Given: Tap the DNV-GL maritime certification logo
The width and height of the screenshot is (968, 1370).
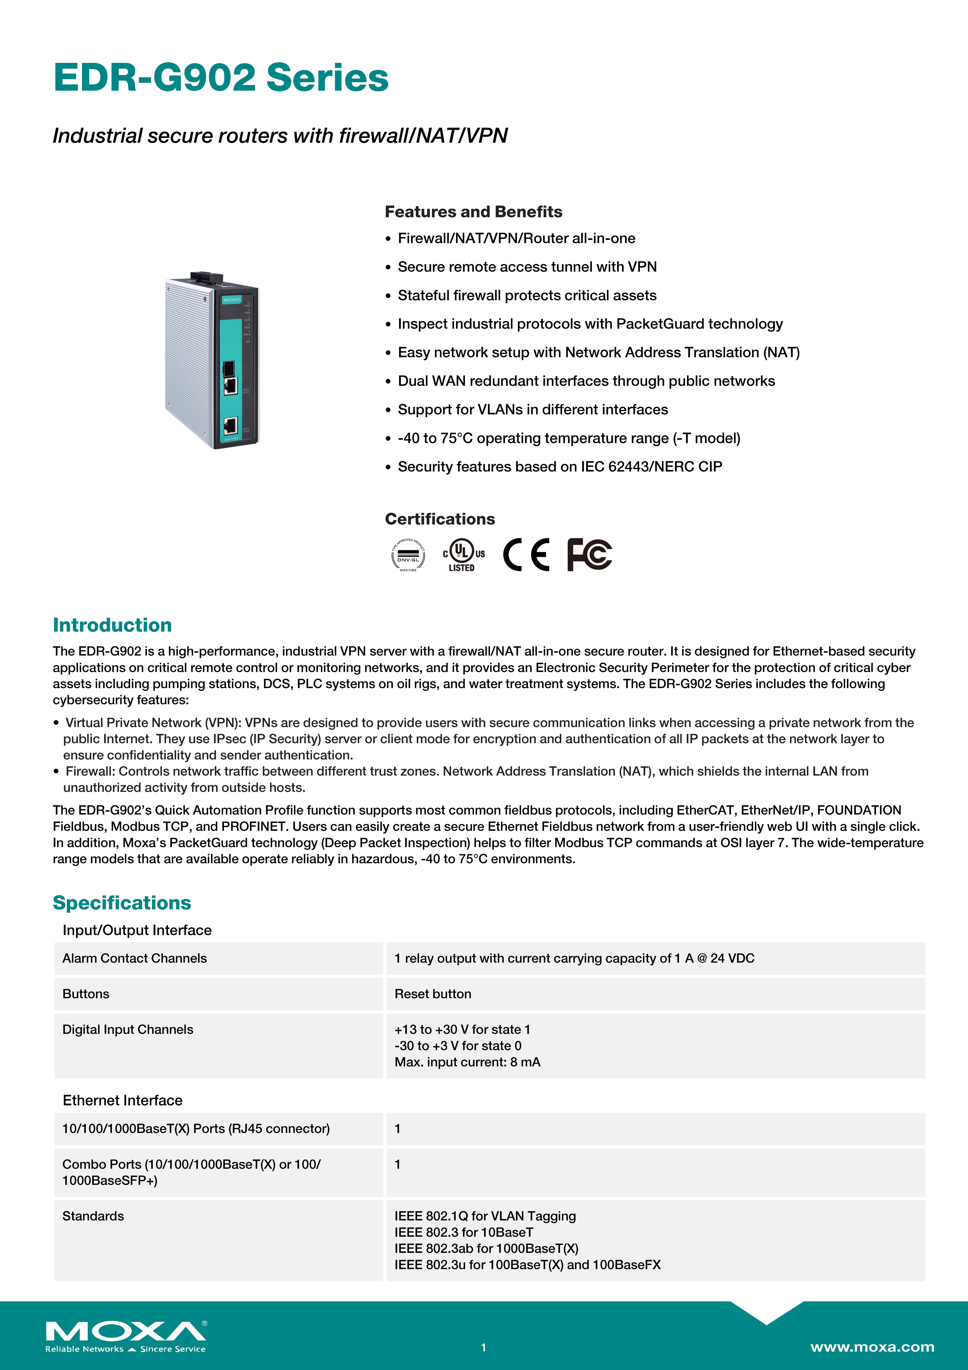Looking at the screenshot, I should click(x=408, y=555).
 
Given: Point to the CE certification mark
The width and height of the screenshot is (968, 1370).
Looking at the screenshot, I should click(x=526, y=555).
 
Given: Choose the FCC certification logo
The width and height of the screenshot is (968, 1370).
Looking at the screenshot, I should click(x=589, y=555).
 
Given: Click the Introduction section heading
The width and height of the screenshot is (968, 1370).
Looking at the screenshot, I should click(x=112, y=625).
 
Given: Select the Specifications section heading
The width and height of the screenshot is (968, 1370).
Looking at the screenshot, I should click(x=122, y=903).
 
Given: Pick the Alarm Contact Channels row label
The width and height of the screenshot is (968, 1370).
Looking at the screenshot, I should click(x=135, y=958).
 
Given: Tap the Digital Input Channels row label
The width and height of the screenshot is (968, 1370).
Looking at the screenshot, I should click(x=128, y=1030).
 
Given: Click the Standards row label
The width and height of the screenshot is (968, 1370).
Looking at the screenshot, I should click(x=93, y=1216).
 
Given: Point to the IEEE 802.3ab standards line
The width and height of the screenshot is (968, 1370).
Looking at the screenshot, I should click(x=486, y=1248).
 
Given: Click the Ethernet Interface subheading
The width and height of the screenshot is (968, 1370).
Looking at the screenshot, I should click(x=122, y=1100).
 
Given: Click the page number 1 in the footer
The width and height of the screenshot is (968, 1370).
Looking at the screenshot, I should click(x=484, y=1347).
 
